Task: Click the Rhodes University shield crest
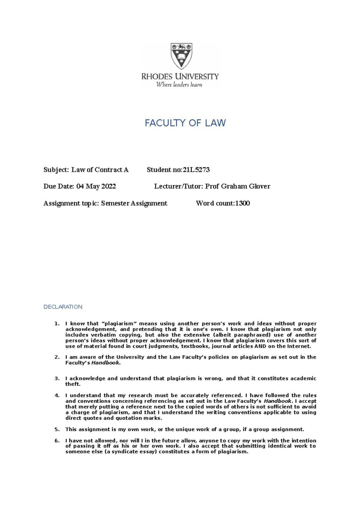[181, 56]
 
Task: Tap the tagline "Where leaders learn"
[179, 85]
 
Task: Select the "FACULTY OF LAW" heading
[185, 123]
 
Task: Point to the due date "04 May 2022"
[96, 186]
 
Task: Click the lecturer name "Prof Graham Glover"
[238, 186]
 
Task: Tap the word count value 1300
[242, 203]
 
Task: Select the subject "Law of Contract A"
[100, 170]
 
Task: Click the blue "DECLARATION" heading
[63, 307]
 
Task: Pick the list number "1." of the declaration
[57, 323]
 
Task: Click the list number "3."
[57, 378]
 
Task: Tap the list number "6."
[57, 440]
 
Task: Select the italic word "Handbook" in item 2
[105, 363]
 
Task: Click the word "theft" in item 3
[72, 384]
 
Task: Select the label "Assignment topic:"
[71, 203]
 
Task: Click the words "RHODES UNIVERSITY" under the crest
[180, 76]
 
